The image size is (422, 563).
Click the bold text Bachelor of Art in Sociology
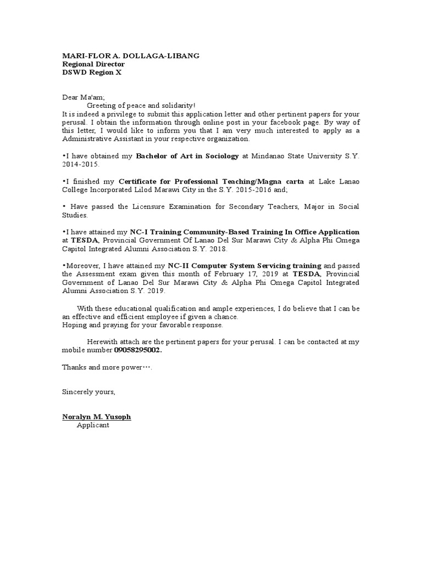[x=187, y=156]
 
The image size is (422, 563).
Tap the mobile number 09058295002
[x=138, y=350]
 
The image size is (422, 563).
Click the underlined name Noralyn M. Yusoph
[x=97, y=417]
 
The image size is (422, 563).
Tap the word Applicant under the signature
[x=93, y=425]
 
